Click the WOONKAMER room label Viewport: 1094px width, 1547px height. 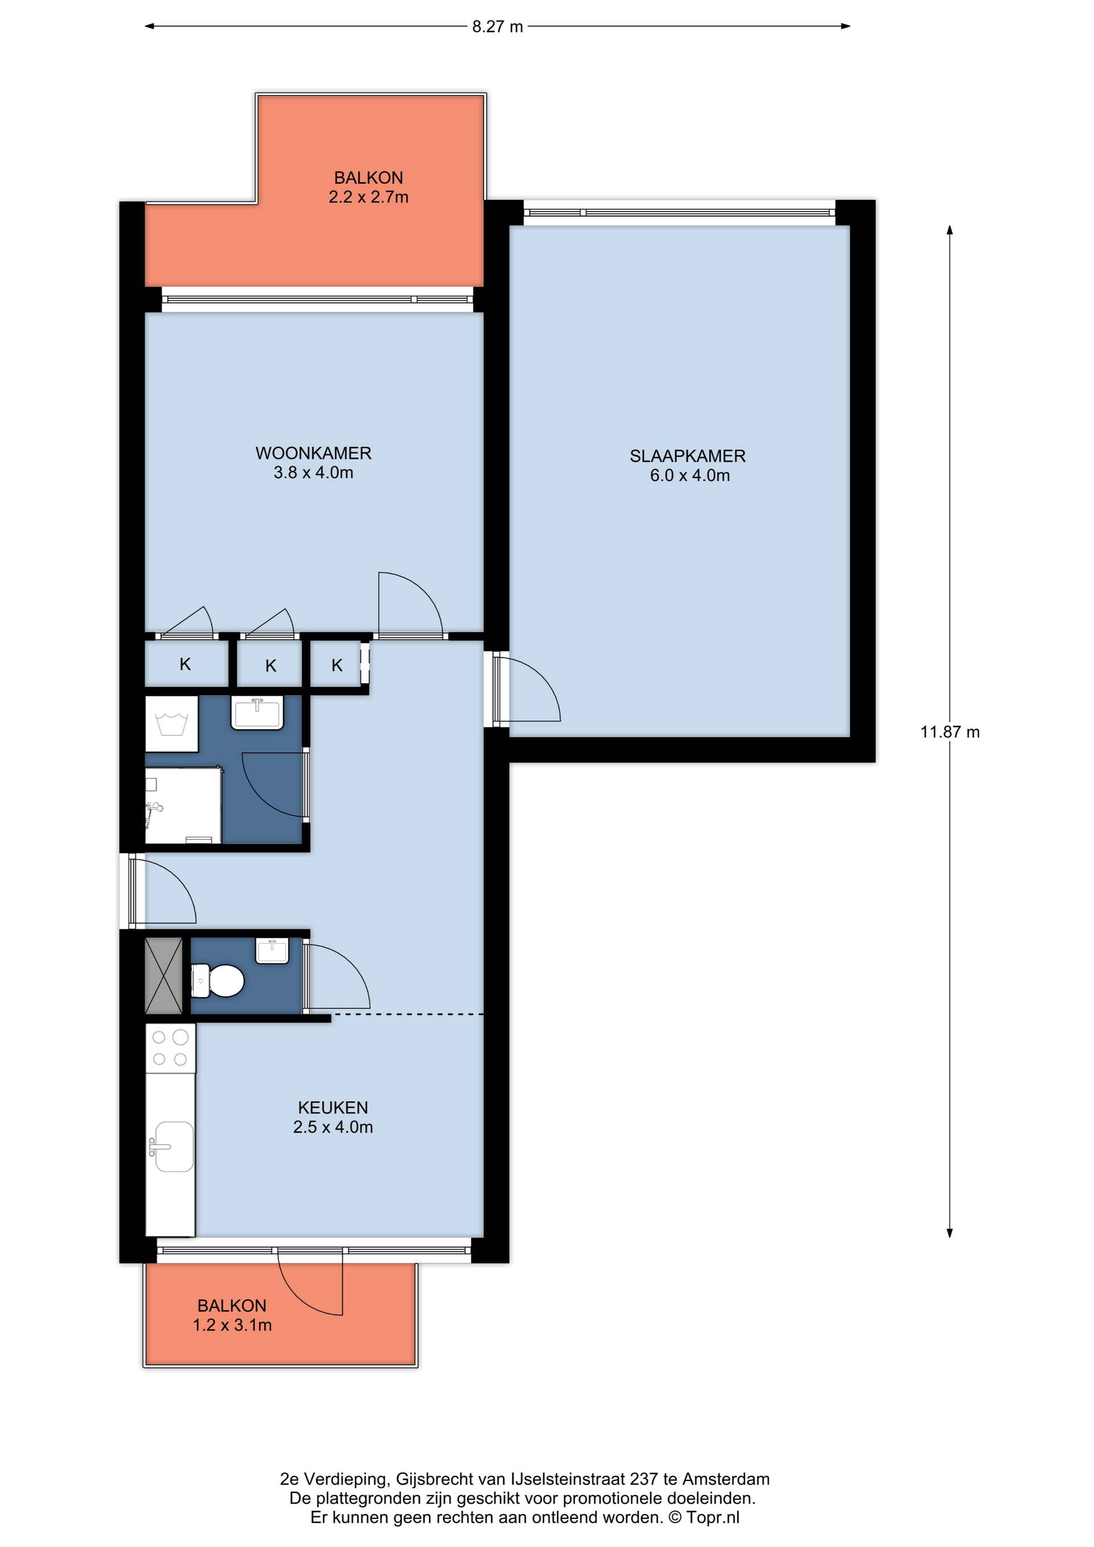pyautogui.click(x=313, y=453)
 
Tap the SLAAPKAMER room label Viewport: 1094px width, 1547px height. pyautogui.click(x=688, y=456)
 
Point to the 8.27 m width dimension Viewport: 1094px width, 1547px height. pyautogui.click(x=497, y=26)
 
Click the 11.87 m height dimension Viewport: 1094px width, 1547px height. pyautogui.click(x=950, y=732)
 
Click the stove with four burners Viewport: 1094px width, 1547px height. pyautogui.click(x=170, y=1048)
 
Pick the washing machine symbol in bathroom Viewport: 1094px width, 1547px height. pyautogui.click(x=172, y=724)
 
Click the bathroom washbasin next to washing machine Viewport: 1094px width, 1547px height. pyautogui.click(x=258, y=713)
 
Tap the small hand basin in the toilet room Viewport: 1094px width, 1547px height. pyautogui.click(x=272, y=950)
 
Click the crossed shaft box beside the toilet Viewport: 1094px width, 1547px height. pyautogui.click(x=164, y=975)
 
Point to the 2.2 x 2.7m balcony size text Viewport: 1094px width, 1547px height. pyautogui.click(x=369, y=197)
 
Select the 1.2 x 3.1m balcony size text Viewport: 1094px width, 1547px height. pyautogui.click(x=232, y=1325)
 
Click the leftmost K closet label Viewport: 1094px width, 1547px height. pyautogui.click(x=185, y=664)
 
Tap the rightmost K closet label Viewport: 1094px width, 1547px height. pyautogui.click(x=337, y=666)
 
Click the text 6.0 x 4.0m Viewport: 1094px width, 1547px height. pyautogui.click(x=690, y=475)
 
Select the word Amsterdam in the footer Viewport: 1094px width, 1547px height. pyautogui.click(x=725, y=1479)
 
